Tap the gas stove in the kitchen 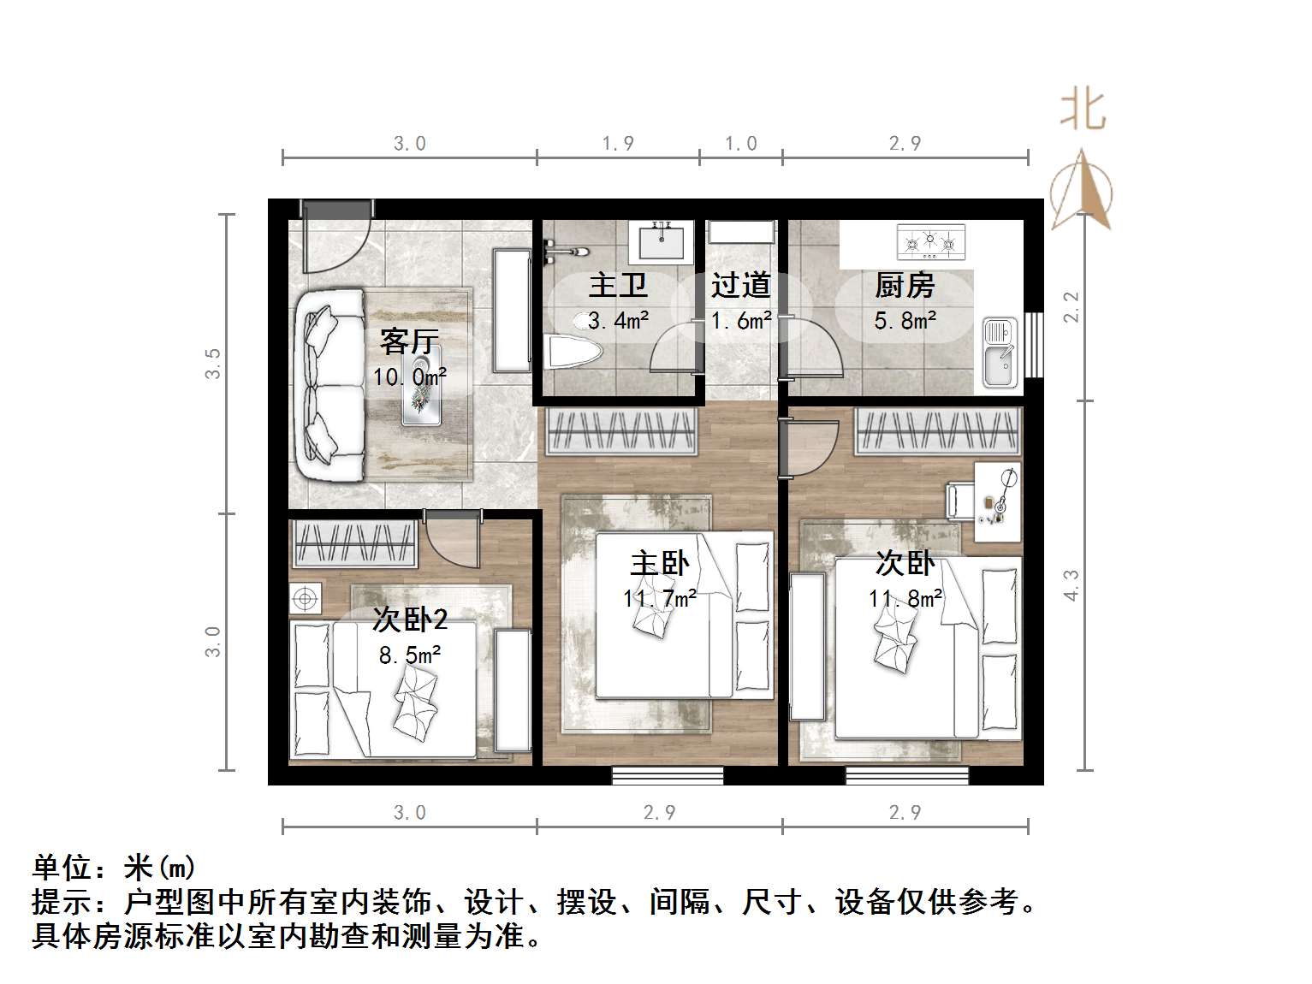tap(930, 242)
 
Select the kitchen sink tap(999, 352)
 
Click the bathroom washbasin tap(661, 241)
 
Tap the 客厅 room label tap(409, 342)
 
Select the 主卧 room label tap(659, 564)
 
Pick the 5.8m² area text tap(905, 322)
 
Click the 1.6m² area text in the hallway tap(741, 322)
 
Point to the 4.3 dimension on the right tap(1072, 585)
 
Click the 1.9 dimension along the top tap(618, 144)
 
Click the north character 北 tap(1083, 111)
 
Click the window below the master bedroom tap(668, 775)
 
